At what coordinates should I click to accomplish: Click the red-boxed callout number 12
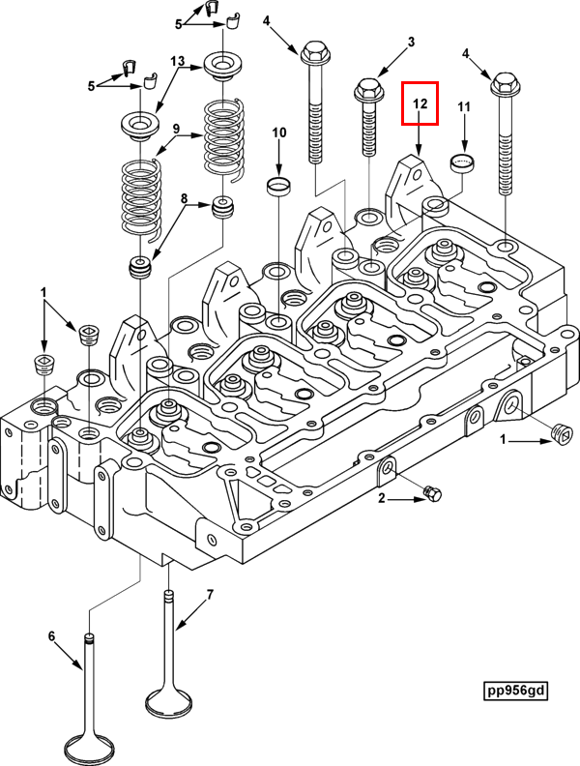tap(420, 103)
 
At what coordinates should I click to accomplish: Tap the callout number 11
tap(463, 105)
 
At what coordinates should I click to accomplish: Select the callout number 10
tap(278, 132)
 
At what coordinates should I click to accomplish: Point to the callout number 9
tap(177, 129)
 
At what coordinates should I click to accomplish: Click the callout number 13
tap(177, 61)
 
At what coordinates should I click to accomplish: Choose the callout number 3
tap(410, 42)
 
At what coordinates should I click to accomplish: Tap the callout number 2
tap(381, 499)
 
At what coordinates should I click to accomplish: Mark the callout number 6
tap(53, 635)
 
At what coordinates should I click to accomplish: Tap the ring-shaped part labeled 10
tap(278, 185)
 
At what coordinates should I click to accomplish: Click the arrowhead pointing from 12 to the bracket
tap(418, 147)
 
